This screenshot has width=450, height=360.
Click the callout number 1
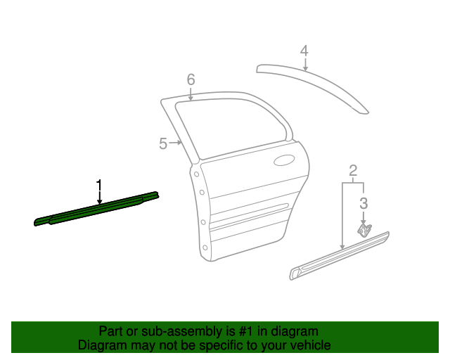pos(99,186)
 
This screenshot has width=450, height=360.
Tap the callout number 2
pos(353,170)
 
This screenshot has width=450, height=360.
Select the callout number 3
pos(364,204)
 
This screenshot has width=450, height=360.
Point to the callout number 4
pos(304,51)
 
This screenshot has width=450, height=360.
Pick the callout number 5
pos(163,143)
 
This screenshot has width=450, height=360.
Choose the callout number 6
pos(191,79)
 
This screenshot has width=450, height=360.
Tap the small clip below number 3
pos(364,230)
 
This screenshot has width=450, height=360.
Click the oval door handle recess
pos(285,160)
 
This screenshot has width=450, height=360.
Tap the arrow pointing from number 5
pos(176,143)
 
